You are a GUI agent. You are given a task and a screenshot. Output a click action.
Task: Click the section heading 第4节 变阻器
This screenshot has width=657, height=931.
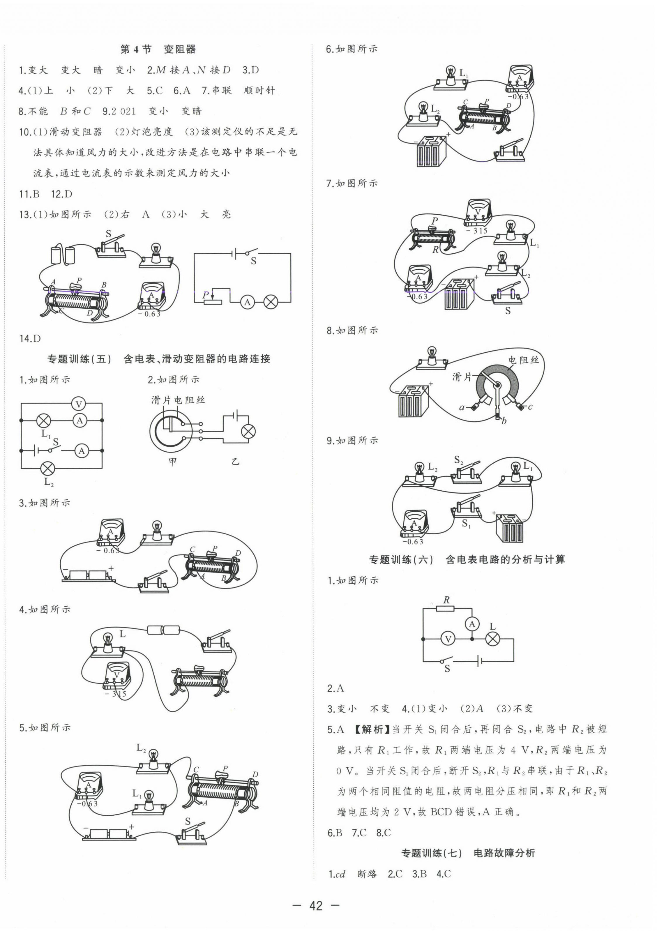pos(158,50)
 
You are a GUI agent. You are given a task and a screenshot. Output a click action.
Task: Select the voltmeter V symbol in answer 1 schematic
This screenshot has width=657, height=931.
pos(79,404)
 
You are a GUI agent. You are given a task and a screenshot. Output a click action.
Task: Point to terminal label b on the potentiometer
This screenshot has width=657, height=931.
pos(504,421)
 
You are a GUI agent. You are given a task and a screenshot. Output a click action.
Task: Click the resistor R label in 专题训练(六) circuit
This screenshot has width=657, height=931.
pos(446,600)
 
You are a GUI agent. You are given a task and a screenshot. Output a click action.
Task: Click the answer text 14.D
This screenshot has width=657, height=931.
pos(30,339)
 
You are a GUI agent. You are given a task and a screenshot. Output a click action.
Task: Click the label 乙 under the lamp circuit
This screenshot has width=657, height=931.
pos(236,462)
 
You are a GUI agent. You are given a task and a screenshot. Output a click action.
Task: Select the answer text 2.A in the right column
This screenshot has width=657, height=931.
pos(335,688)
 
